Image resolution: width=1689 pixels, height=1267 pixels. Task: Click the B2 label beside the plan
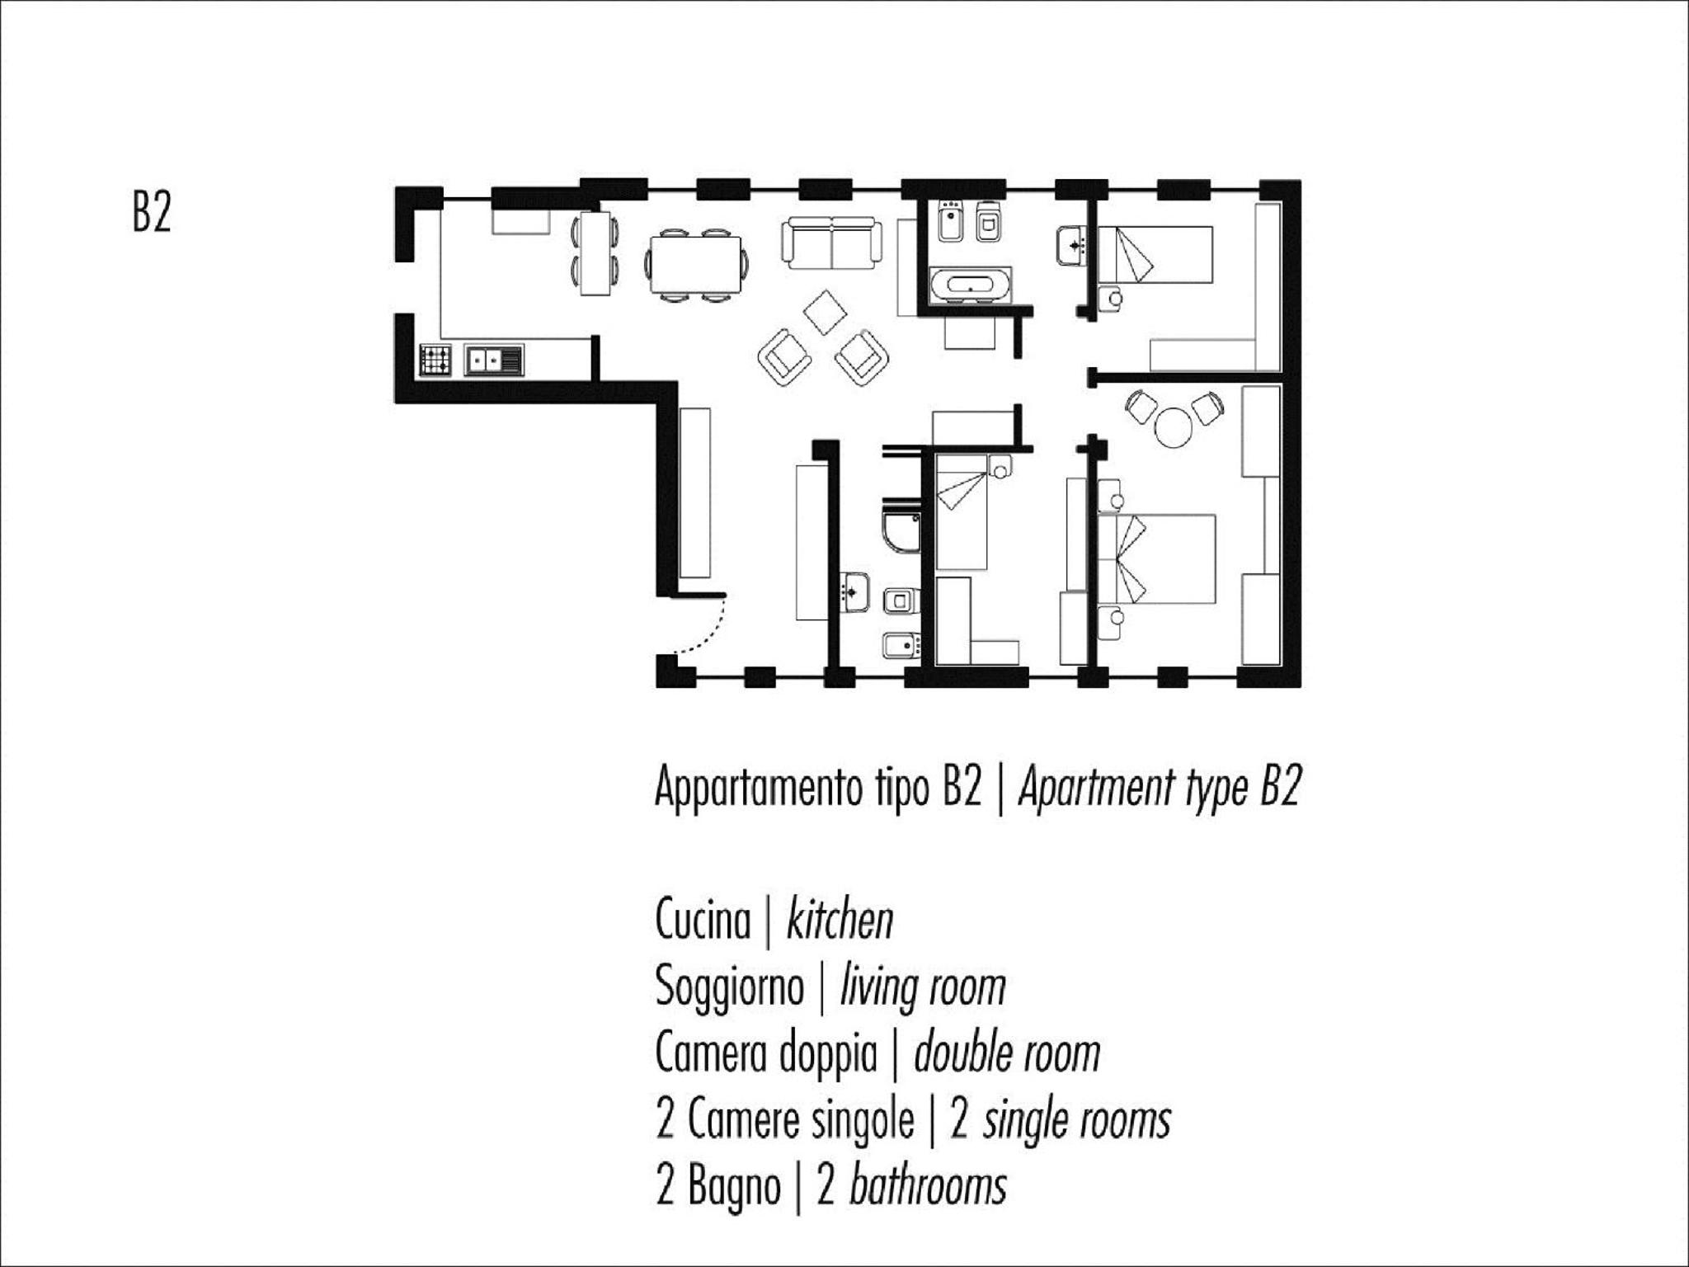click(152, 212)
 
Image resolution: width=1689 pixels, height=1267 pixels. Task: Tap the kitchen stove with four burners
click(435, 360)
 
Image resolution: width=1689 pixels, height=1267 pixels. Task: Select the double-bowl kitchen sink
click(493, 360)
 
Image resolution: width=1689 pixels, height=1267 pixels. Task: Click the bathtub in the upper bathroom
click(971, 285)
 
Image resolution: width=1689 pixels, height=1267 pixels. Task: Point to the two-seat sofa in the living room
click(831, 243)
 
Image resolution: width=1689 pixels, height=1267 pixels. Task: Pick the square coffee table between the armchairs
click(825, 312)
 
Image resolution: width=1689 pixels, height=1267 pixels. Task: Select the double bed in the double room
click(1156, 559)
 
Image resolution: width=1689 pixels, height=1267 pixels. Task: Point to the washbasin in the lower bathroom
click(854, 591)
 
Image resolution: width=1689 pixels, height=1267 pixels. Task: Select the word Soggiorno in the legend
click(729, 986)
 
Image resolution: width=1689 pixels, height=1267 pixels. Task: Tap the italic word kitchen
click(840, 920)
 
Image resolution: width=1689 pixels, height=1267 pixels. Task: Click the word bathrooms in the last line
click(928, 1186)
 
